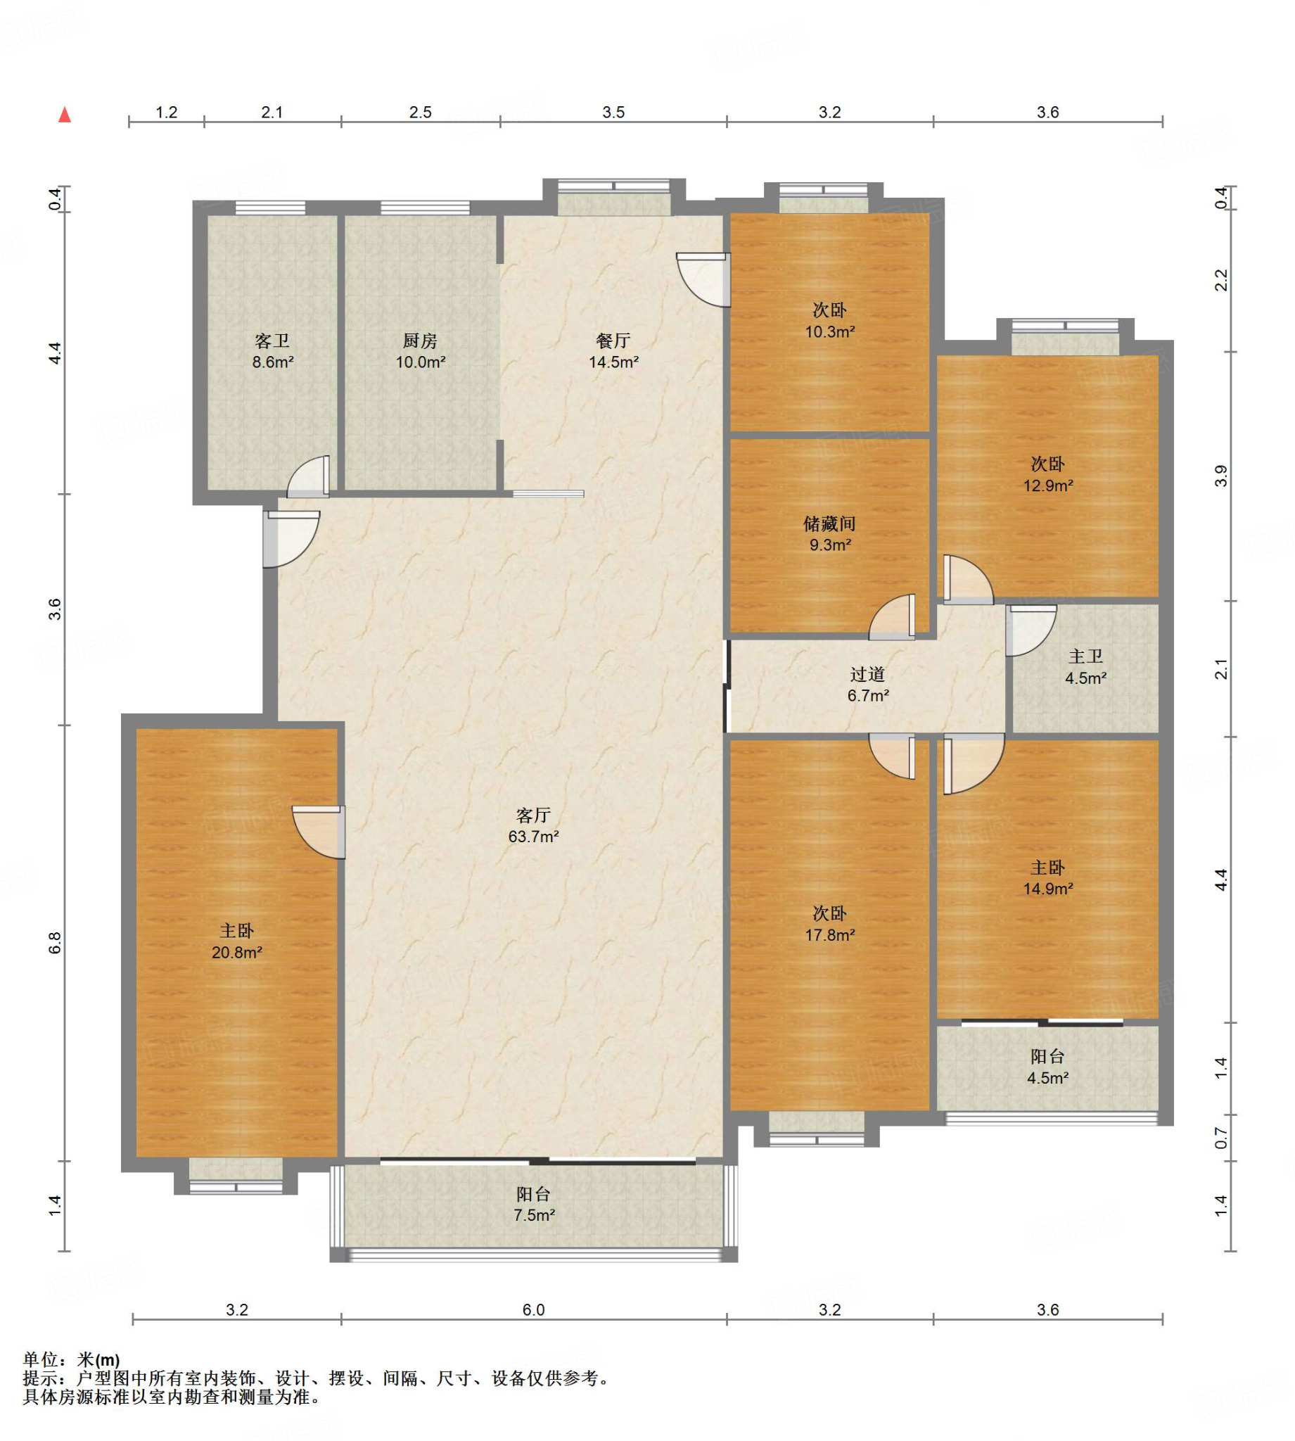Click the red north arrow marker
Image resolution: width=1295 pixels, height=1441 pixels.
(x=65, y=114)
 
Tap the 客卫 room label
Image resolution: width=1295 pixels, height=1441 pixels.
(x=272, y=341)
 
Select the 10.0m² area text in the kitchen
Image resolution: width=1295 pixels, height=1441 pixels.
(x=421, y=362)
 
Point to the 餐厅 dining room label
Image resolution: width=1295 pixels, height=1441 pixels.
(x=613, y=341)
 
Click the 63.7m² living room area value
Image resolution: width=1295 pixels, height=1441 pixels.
(x=534, y=836)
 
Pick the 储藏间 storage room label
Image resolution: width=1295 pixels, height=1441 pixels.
(x=829, y=524)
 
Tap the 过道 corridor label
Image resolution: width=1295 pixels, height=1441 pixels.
(x=868, y=675)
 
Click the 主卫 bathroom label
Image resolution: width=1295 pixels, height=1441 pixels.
(x=1086, y=657)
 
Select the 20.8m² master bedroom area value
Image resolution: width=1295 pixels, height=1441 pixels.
(x=237, y=952)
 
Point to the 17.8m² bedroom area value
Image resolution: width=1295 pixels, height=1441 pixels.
(x=830, y=935)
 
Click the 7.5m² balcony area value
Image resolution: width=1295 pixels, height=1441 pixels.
(x=535, y=1214)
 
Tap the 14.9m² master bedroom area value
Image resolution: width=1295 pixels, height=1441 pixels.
(x=1048, y=889)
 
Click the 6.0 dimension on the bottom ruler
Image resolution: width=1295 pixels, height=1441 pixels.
(x=534, y=1310)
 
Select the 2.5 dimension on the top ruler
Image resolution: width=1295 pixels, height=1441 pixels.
(x=421, y=113)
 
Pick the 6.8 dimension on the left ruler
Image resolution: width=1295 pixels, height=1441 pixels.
(x=56, y=943)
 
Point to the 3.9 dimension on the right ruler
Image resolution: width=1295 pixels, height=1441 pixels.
(x=1221, y=476)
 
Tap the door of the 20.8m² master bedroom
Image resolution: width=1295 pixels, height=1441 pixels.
(x=319, y=832)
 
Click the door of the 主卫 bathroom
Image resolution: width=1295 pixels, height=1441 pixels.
(x=1031, y=630)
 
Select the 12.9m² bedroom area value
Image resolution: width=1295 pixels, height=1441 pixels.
(x=1048, y=486)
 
